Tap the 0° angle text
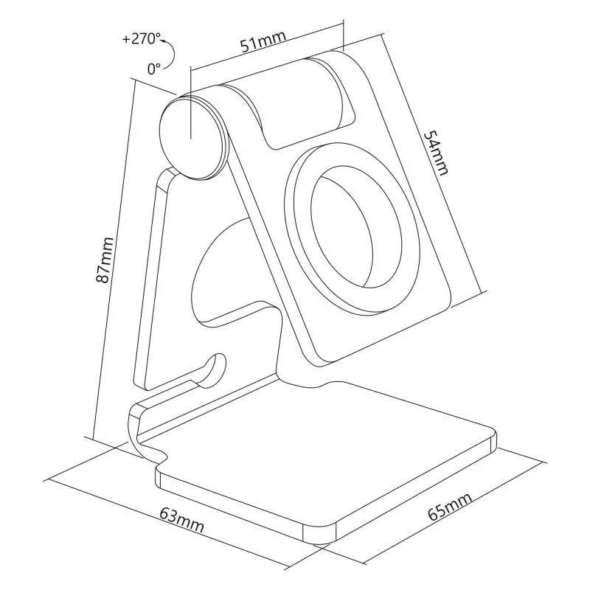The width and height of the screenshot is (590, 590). pos(153,69)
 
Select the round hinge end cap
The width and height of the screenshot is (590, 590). pos(191,136)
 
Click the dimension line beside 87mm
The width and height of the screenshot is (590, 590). pos(114,258)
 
